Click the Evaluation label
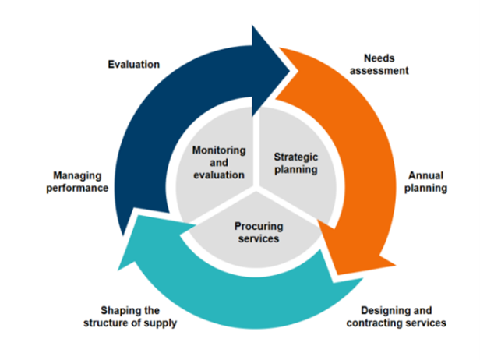(x=134, y=64)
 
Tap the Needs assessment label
(x=379, y=64)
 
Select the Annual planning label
(x=425, y=182)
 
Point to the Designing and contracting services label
(x=397, y=316)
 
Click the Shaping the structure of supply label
(x=130, y=317)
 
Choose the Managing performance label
(x=77, y=182)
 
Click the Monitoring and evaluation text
(x=219, y=163)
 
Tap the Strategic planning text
(x=296, y=163)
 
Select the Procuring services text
(x=259, y=232)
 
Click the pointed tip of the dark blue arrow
(x=290, y=71)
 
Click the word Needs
(x=379, y=58)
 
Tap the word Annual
(x=425, y=176)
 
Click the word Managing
(x=77, y=176)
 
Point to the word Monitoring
(x=219, y=150)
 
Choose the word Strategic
(x=296, y=157)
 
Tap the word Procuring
(x=259, y=227)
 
